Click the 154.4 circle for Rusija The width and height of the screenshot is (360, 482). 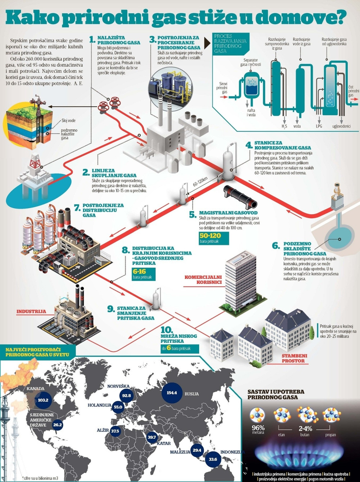click(172, 392)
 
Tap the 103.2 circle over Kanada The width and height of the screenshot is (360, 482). click(43, 400)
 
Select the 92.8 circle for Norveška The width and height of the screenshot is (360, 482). click(126, 396)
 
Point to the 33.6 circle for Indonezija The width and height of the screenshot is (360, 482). click(213, 459)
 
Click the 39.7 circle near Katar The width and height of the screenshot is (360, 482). click(152, 437)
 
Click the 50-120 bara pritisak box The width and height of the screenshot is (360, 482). click(214, 238)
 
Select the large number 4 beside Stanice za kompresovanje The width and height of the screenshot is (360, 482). click(249, 145)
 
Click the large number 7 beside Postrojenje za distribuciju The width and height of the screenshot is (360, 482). click(77, 208)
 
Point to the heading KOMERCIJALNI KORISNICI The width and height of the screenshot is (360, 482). click(203, 280)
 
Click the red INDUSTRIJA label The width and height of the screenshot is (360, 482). click(31, 311)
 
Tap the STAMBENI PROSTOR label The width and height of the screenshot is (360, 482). click(293, 358)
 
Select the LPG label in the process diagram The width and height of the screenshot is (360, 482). click(319, 126)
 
